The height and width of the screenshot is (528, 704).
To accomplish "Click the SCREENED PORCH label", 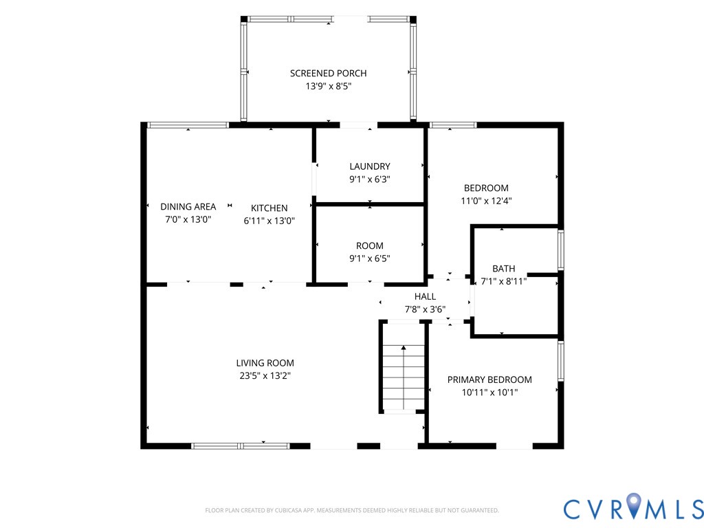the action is point(328,73).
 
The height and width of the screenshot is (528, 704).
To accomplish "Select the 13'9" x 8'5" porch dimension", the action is point(328,86).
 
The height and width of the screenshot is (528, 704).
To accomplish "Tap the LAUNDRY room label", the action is point(369,166).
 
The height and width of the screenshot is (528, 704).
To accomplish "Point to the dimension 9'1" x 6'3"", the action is point(369,179).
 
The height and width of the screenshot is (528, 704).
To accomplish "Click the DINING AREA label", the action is point(188,206).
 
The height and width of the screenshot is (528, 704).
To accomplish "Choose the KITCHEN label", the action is point(269,208).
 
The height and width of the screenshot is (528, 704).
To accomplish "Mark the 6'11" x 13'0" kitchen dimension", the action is point(269,221).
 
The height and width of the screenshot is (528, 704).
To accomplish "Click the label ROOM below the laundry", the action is point(369,245).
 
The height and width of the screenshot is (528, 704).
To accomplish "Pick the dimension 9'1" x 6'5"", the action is point(369,258).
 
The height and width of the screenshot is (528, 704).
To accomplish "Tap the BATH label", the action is point(503,269).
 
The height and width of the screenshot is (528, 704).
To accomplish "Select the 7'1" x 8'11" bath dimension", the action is point(503,281).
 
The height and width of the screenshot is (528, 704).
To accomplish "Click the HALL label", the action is point(425,296).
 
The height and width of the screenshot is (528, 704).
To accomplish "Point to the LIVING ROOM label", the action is point(265,363).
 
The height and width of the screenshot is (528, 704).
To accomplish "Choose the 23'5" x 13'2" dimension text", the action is point(265,375).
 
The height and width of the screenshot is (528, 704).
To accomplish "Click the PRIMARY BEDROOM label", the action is point(489,379).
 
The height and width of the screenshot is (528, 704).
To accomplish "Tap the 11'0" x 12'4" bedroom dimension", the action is point(486,201).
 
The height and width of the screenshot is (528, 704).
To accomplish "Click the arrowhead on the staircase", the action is point(404,347).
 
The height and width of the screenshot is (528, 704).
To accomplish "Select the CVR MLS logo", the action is point(633,508).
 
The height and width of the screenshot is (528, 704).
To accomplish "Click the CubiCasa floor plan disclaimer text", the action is point(352,510).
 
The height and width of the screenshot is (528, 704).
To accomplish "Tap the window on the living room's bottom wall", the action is point(240,445).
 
